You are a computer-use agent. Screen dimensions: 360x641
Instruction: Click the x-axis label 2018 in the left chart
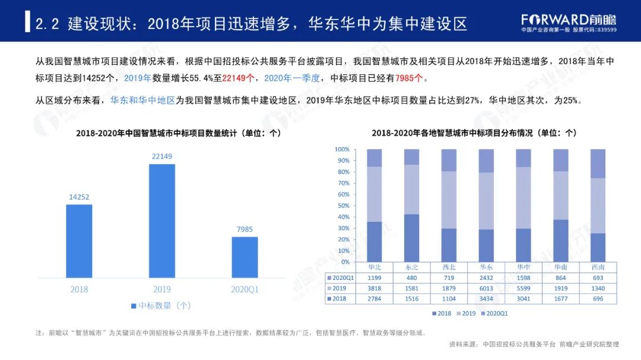click(79, 289)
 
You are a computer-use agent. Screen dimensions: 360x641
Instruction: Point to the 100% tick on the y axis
click(342, 149)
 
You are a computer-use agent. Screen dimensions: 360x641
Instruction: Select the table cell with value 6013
click(485, 288)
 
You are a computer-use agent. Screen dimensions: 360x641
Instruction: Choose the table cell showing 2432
click(485, 278)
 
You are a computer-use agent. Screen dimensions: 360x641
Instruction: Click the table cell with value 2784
click(374, 299)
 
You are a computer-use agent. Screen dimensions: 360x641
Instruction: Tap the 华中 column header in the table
click(523, 267)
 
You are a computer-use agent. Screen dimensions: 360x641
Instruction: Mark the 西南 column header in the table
click(598, 267)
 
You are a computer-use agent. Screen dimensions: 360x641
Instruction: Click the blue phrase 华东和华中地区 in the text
click(142, 101)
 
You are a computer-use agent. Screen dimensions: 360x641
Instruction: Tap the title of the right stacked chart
click(474, 133)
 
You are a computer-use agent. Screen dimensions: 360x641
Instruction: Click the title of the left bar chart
click(179, 133)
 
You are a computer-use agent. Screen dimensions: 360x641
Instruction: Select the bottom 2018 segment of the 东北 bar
click(411, 238)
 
